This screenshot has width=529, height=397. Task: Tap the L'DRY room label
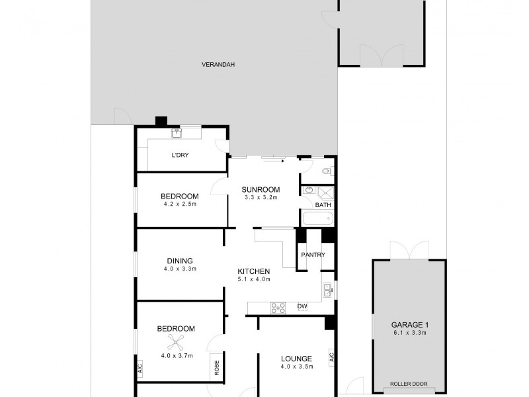181,155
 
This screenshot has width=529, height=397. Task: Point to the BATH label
323,205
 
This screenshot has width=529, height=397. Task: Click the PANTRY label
312,255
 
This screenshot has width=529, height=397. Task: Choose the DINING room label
180,261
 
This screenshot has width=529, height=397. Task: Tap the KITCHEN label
254,271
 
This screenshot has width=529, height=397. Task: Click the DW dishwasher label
302,306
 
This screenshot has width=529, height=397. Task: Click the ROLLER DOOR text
406,384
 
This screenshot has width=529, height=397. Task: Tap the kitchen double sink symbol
327,288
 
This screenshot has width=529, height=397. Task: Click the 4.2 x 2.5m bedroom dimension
180,204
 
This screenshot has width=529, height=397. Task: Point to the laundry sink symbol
177,133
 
